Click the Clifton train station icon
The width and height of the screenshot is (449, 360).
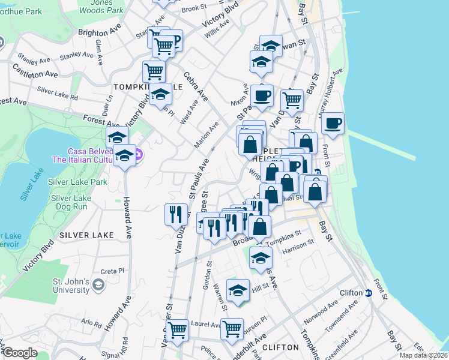point(369,293)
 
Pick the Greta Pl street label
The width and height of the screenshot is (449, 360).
point(112,271)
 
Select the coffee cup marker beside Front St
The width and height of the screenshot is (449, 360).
point(333,124)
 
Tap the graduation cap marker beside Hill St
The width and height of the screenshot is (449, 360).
point(238,290)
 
